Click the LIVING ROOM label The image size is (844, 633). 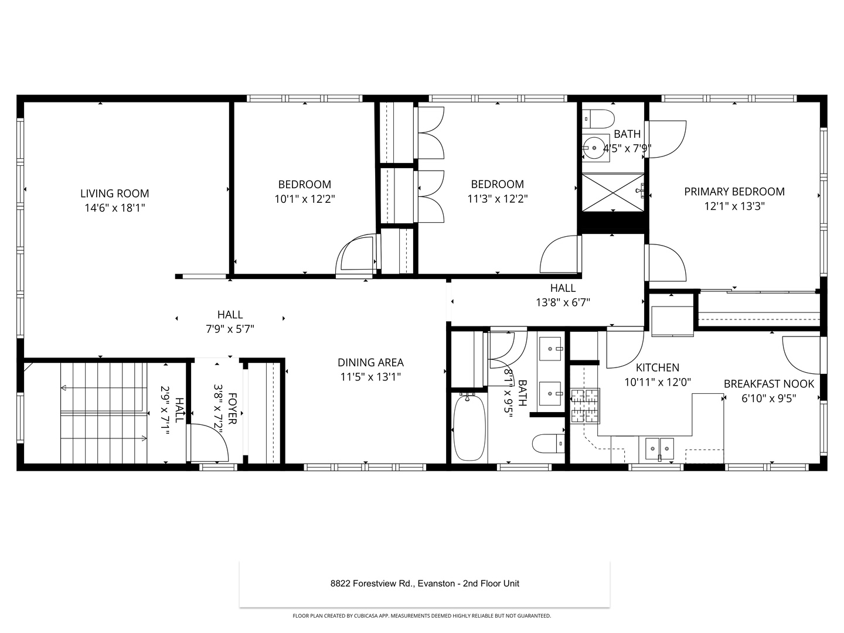[114, 193]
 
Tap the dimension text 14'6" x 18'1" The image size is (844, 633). [114, 207]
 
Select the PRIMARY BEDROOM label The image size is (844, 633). [734, 192]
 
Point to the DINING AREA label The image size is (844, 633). [370, 363]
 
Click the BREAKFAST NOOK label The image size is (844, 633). [769, 384]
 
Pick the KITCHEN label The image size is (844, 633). [658, 367]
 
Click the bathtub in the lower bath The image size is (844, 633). [469, 427]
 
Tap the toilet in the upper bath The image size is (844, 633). [598, 118]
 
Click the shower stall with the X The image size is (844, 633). [612, 192]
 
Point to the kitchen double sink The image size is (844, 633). [660, 448]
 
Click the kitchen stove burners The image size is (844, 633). [585, 406]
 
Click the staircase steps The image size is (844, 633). [103, 413]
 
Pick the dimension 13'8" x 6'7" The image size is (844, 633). [563, 302]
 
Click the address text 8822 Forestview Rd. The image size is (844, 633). [373, 583]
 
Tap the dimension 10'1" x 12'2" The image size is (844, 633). [305, 199]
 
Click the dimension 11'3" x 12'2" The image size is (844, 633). [498, 199]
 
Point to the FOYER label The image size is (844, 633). [232, 409]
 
